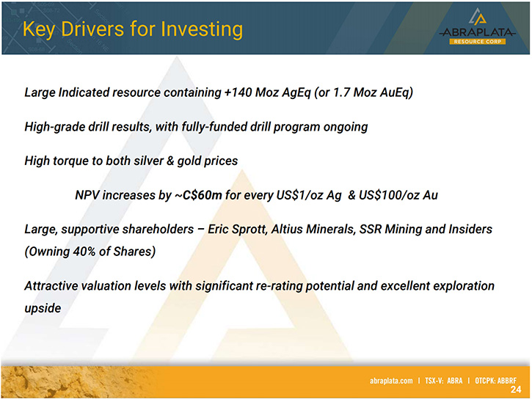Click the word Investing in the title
[202, 29]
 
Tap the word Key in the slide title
[39, 30]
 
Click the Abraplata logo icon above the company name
[478, 17]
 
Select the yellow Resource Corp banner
[478, 41]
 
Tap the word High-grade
[54, 127]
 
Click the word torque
[73, 161]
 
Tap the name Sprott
[249, 230]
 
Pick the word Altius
[287, 229]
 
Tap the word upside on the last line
[43, 308]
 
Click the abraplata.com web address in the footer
[391, 381]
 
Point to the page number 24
[516, 390]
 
